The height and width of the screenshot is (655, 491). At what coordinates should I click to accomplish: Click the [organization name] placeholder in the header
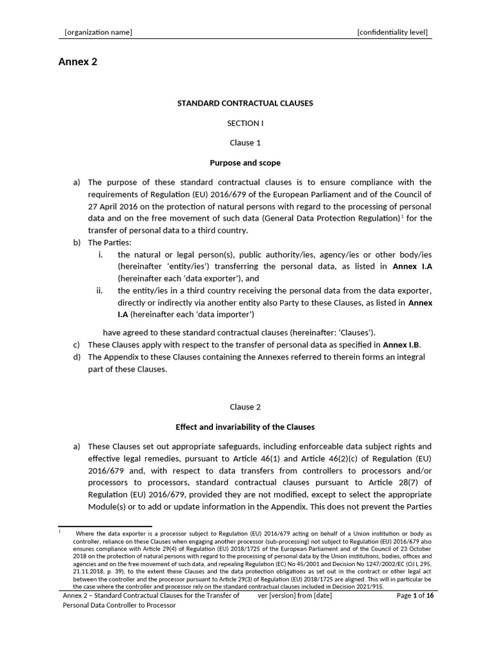pyautogui.click(x=98, y=33)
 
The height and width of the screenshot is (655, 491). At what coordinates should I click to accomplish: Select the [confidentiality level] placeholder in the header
pyautogui.click(x=392, y=33)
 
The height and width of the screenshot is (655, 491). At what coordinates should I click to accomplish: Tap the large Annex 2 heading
pyautogui.click(x=77, y=62)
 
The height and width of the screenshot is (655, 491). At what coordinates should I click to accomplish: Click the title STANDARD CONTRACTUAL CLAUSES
pyautogui.click(x=245, y=103)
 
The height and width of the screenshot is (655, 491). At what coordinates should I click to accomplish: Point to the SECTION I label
pyautogui.click(x=245, y=123)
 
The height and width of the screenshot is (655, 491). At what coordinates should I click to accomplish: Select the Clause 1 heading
pyautogui.click(x=245, y=143)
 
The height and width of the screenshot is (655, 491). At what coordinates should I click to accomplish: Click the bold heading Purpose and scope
pyautogui.click(x=245, y=163)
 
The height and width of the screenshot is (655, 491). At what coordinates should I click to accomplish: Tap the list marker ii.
pyautogui.click(x=100, y=290)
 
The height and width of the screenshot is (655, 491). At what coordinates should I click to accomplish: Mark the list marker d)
pyautogui.click(x=77, y=357)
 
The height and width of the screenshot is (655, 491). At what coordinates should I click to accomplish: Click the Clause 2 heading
pyautogui.click(x=245, y=407)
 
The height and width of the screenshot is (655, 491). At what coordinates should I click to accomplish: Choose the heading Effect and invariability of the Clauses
pyautogui.click(x=245, y=427)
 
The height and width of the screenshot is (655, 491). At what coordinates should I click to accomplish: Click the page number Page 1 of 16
pyautogui.click(x=415, y=596)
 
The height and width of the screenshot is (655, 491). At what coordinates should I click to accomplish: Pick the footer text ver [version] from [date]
pyautogui.click(x=295, y=596)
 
